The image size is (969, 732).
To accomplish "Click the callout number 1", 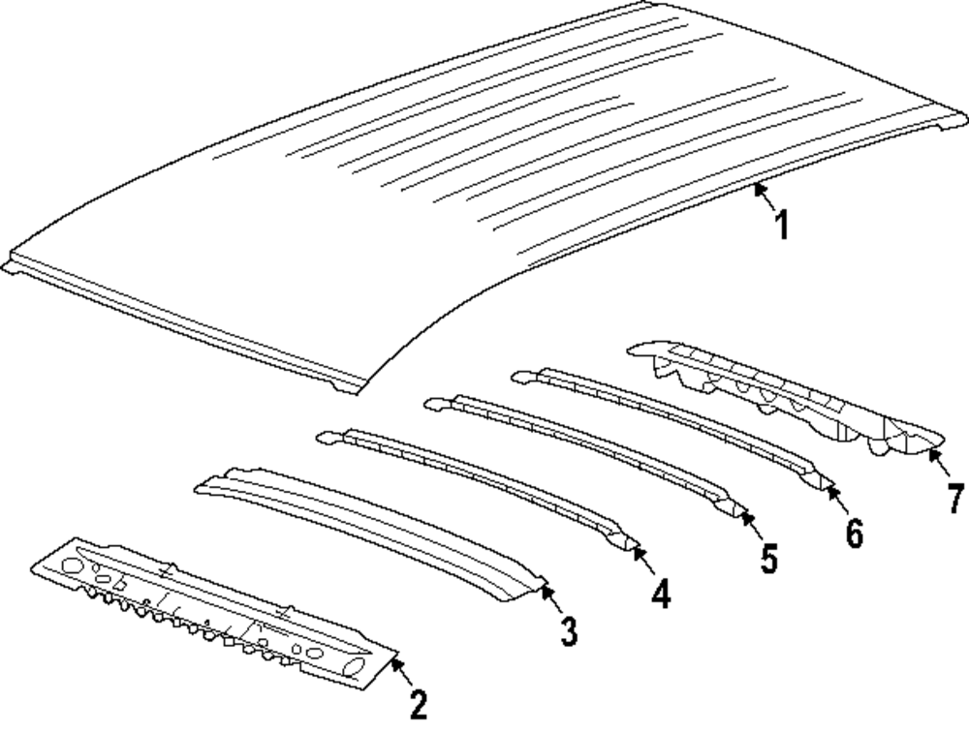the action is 781,226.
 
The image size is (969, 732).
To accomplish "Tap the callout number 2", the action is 419,704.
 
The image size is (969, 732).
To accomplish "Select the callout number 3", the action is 569,630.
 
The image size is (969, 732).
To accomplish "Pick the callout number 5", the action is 768,559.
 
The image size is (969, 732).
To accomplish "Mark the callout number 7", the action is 955,499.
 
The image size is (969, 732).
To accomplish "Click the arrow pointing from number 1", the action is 766,197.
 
